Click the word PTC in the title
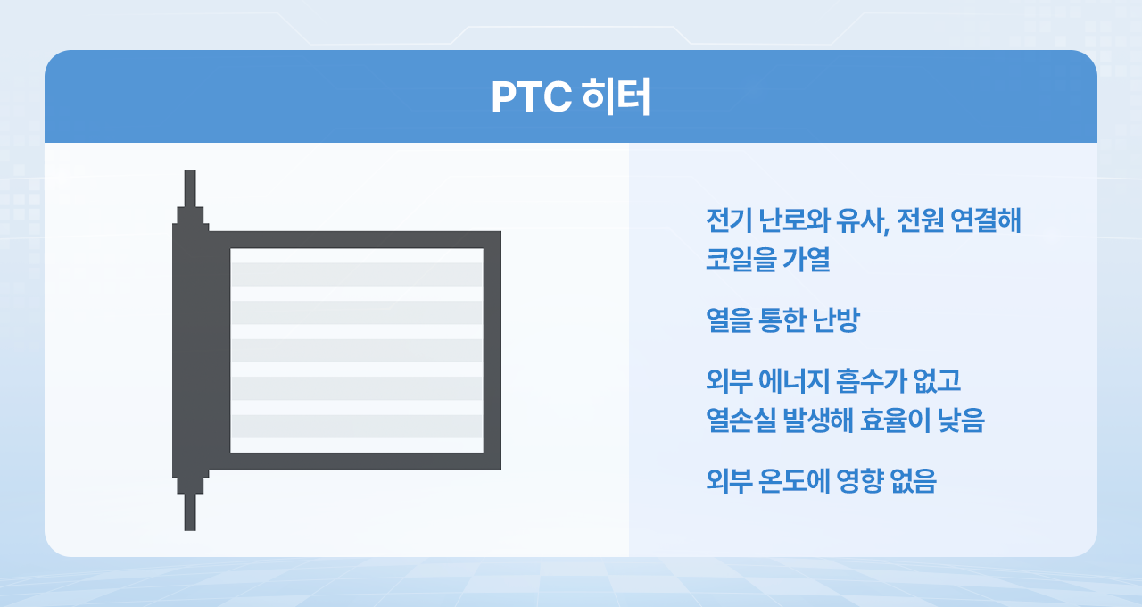(531, 96)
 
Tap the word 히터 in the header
(616, 96)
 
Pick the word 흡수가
(871, 380)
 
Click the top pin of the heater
(190, 188)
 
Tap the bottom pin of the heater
(190, 512)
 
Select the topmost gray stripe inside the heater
(357, 274)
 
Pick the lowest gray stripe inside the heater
(357, 427)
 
